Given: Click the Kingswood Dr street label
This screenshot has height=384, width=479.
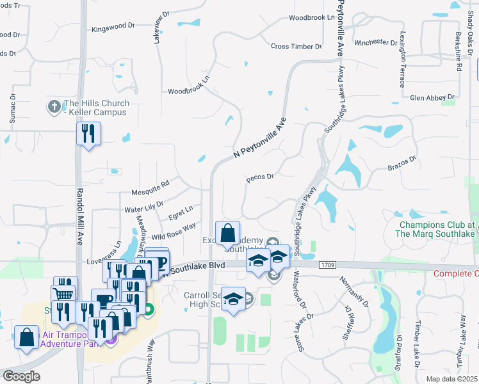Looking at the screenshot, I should [113, 27].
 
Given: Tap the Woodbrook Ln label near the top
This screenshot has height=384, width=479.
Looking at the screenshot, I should [312, 18].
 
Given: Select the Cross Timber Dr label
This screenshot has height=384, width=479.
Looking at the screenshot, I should [296, 47].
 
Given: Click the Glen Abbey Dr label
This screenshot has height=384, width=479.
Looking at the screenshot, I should [432, 98].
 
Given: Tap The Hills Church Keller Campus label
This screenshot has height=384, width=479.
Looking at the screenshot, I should [96, 108].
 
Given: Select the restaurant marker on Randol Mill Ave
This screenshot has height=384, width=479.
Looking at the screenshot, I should [87, 133].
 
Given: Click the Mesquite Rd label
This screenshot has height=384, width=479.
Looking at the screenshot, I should [149, 187].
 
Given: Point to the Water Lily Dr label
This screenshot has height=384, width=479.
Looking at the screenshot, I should [144, 208].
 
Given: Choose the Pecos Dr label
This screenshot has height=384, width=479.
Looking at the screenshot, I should [261, 178].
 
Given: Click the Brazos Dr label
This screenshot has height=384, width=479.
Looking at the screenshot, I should [402, 162].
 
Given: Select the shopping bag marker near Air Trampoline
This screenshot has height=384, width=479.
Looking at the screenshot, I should [26, 337].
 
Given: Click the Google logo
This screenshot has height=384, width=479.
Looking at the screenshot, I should [21, 376].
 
